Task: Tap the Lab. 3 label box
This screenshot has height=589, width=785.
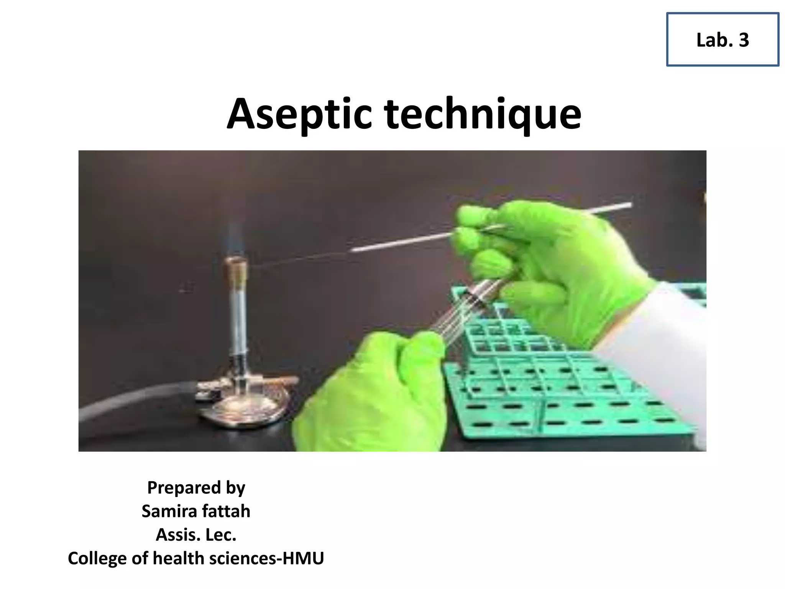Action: [723, 39]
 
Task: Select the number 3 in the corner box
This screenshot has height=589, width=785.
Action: [744, 40]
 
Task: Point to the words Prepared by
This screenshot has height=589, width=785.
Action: [196, 488]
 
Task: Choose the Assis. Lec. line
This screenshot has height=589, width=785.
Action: [196, 535]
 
